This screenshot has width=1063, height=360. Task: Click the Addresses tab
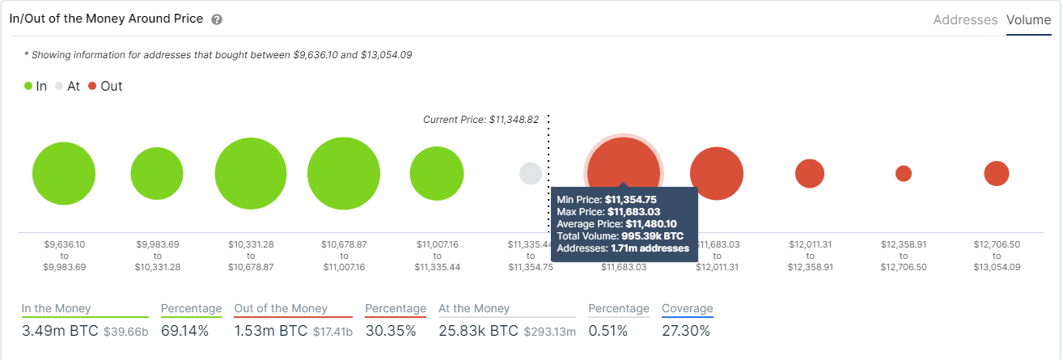coord(965,20)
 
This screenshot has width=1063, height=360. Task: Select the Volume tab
coord(1028,20)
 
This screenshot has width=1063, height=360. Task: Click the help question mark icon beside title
coord(217,19)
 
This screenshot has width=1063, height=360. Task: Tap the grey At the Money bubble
coord(531,173)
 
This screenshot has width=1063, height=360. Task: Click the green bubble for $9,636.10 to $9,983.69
coord(64,174)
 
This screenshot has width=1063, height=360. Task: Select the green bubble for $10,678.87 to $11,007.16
coord(344,174)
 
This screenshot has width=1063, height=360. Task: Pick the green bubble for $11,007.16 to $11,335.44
coord(437,174)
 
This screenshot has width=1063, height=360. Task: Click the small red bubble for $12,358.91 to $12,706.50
coord(904,173)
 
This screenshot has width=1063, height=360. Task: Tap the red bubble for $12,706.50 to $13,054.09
coord(997,173)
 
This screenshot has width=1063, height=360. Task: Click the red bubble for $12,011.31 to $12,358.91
coord(810,173)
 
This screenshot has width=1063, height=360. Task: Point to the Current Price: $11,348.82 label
coord(481,120)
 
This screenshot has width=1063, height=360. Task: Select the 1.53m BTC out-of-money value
coord(268,331)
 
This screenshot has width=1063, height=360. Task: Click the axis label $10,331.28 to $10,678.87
coord(251,255)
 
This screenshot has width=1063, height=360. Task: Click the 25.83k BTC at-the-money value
coord(477,331)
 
